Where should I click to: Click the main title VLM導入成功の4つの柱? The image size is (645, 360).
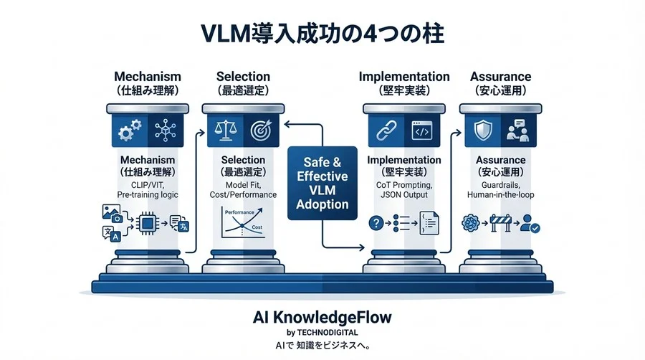pyautogui.click(x=322, y=34)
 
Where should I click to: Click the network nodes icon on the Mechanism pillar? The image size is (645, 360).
pyautogui.click(x=166, y=131)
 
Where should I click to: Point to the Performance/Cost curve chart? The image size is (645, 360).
pyautogui.click(x=241, y=225)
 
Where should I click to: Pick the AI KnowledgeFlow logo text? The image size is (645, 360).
pyautogui.click(x=322, y=316)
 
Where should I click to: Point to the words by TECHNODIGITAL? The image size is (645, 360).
pyautogui.click(x=322, y=332)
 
